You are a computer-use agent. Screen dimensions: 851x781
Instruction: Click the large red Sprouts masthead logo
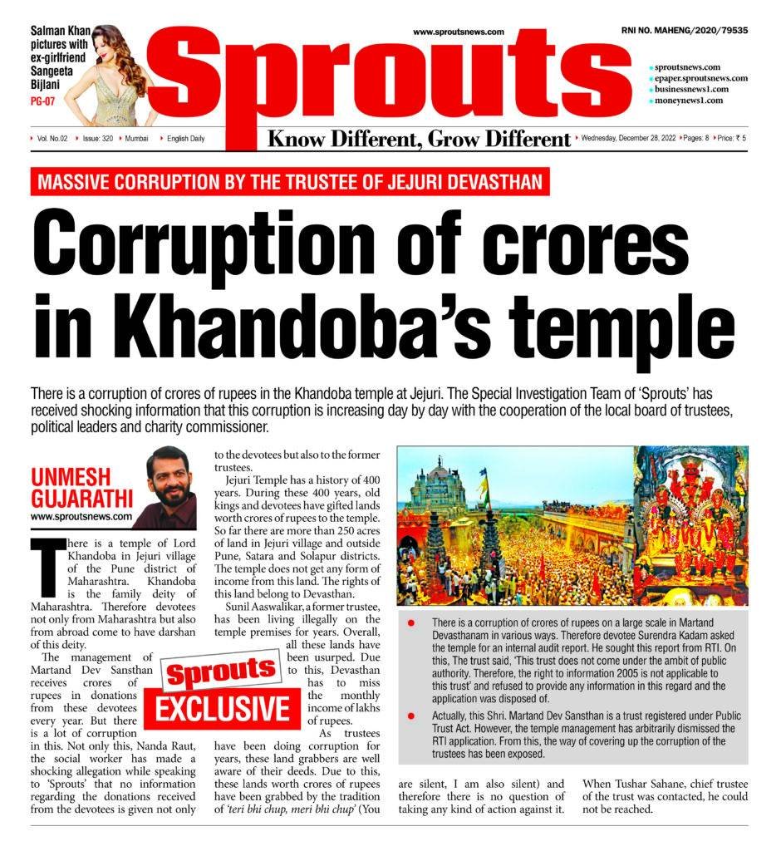coord(390,79)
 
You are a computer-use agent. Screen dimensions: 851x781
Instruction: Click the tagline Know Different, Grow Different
coord(419,138)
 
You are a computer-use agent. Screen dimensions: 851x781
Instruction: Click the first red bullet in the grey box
coord(413,622)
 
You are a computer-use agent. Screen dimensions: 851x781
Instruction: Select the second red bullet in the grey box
coord(413,715)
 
